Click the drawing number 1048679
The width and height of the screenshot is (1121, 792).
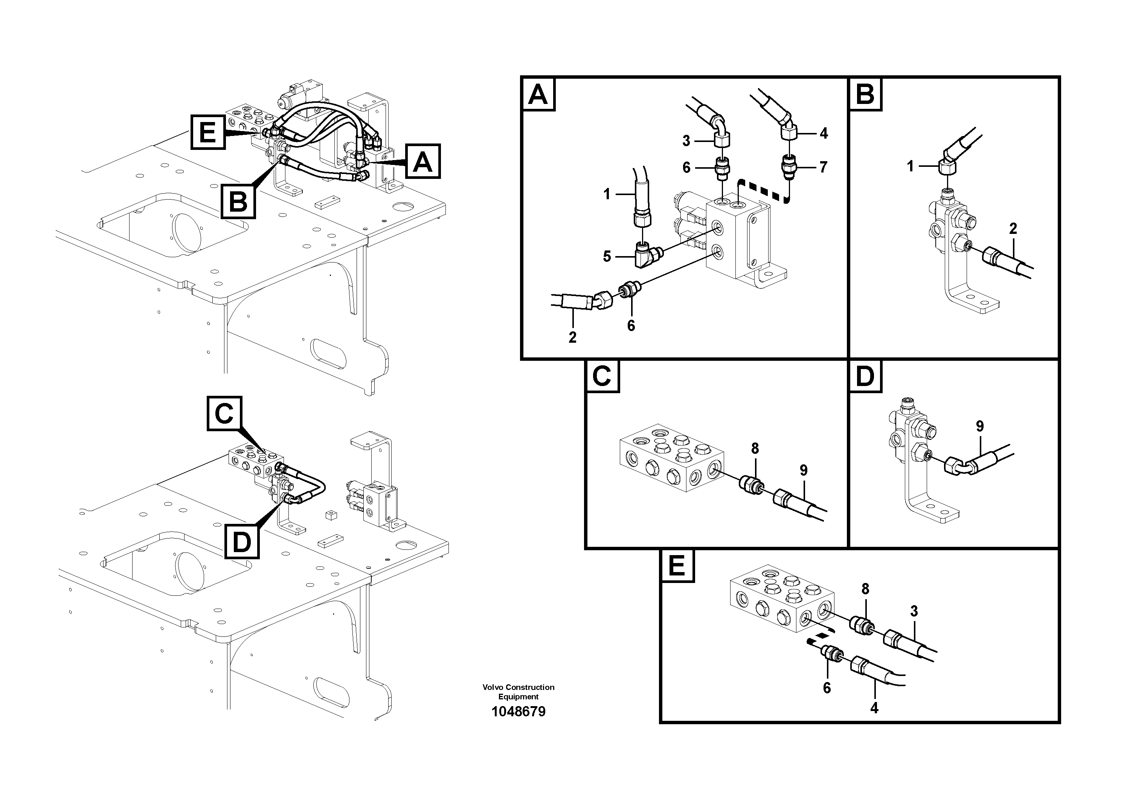(x=518, y=711)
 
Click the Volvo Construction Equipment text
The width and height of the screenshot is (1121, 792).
(x=518, y=691)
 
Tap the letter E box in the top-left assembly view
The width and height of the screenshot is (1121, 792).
(x=208, y=132)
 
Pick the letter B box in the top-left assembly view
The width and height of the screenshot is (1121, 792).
(x=238, y=201)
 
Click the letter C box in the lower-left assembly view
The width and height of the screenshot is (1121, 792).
(x=224, y=414)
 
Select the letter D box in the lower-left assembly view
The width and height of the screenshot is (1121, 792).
(x=242, y=541)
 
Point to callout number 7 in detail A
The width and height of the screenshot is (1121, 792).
(x=823, y=167)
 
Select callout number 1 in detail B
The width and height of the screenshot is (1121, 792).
(x=910, y=166)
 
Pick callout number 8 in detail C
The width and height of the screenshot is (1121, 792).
(x=755, y=448)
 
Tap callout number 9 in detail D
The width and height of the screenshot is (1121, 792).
(x=980, y=426)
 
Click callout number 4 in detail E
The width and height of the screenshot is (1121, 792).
(x=874, y=708)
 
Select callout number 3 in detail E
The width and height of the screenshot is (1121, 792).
(x=914, y=610)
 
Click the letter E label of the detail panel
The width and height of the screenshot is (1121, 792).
(x=677, y=566)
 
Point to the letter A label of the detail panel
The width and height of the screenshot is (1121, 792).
(x=538, y=94)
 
